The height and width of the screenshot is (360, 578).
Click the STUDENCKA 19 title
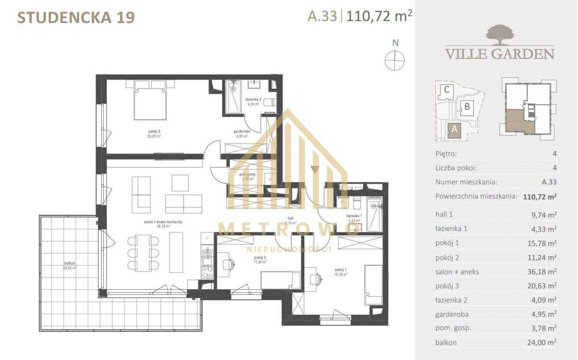pos(76,17)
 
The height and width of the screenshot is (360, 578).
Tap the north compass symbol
pos(395,61)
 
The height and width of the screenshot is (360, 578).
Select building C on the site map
pos(447,90)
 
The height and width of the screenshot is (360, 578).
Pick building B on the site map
pos(466,107)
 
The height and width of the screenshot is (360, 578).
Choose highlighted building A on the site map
pos(453,129)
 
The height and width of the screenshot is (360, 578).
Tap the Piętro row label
pos(446,154)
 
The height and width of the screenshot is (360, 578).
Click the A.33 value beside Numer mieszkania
pos(549,182)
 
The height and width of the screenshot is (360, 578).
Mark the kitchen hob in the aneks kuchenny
pos(207,273)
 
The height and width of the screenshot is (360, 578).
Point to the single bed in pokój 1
pos(373,284)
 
